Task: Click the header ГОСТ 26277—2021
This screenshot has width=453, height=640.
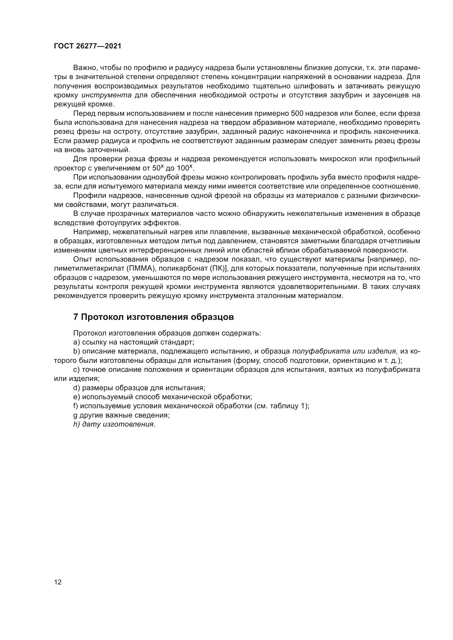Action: point(87,46)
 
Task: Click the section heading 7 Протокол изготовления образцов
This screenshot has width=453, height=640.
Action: point(153,317)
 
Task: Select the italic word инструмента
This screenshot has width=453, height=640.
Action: point(107,95)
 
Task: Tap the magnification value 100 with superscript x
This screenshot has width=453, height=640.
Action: point(185,168)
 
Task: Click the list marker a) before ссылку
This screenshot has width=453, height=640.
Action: point(76,342)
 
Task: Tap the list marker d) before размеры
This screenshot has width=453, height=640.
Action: point(76,388)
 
